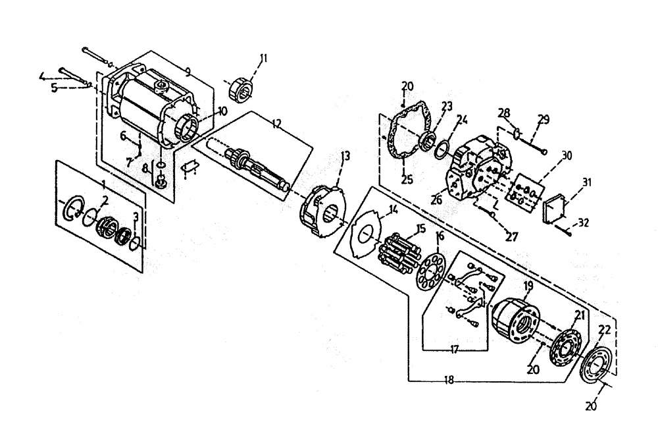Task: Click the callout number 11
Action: (263, 59)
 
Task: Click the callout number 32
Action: (583, 223)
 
